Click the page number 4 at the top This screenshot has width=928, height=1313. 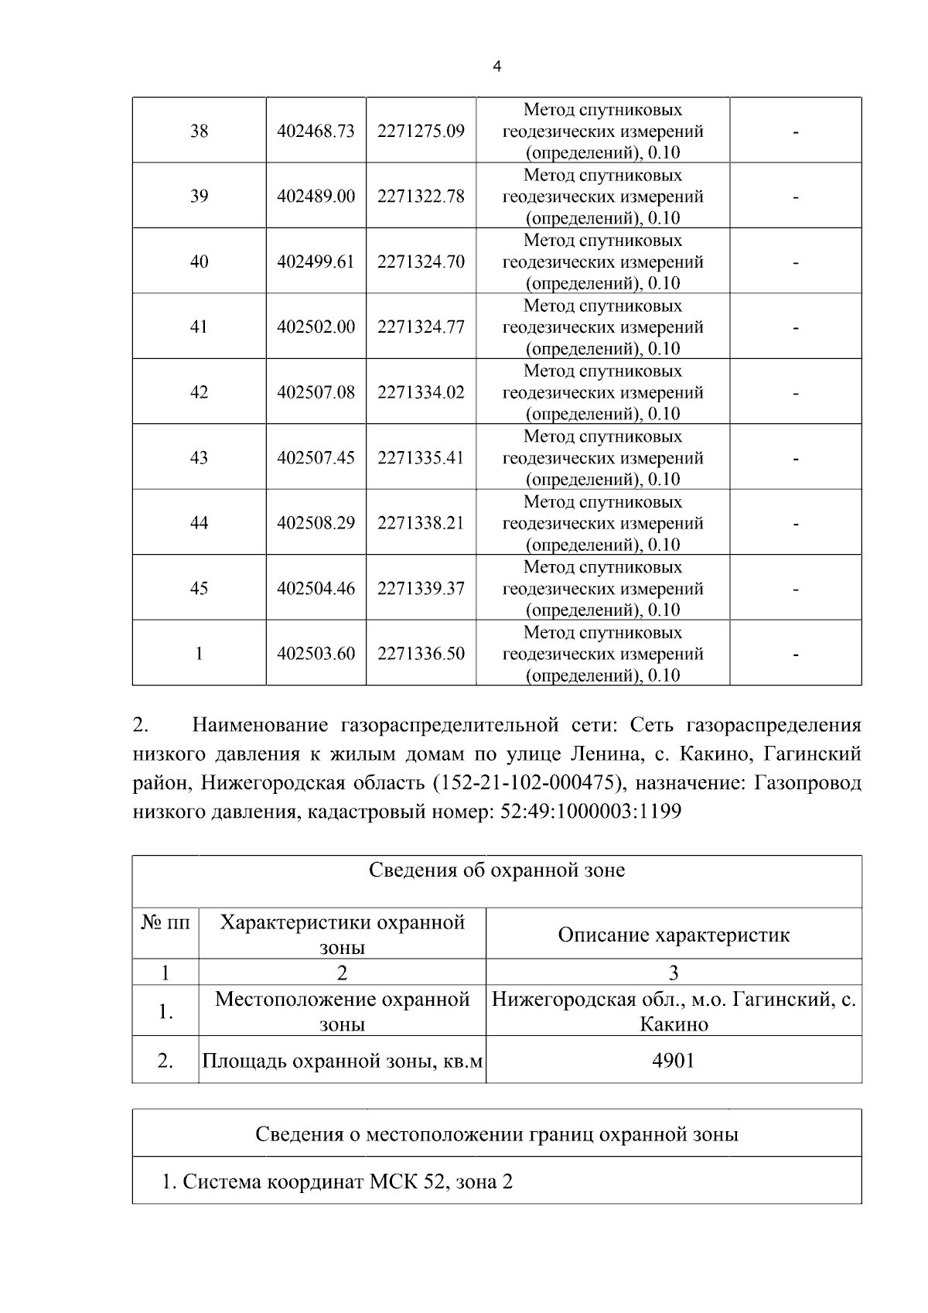click(x=496, y=67)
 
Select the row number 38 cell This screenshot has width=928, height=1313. click(x=199, y=131)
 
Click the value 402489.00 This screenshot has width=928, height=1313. click(x=316, y=197)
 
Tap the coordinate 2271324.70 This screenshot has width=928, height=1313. click(x=421, y=262)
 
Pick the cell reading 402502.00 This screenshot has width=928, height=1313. click(x=316, y=327)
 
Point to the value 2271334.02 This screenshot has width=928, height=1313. click(x=421, y=392)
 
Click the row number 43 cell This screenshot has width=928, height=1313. click(x=199, y=458)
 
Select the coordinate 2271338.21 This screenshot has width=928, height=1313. click(x=421, y=523)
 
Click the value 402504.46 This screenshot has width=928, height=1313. click(x=316, y=589)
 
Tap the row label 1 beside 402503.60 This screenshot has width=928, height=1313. click(x=199, y=654)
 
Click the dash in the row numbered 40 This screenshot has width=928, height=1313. click(x=795, y=262)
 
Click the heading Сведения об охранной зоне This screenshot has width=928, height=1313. click(x=496, y=870)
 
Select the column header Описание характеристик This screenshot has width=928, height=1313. click(x=674, y=935)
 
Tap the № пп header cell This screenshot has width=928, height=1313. click(x=165, y=923)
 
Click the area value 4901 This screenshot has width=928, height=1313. click(x=674, y=1060)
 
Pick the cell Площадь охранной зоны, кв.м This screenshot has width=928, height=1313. click(x=342, y=1061)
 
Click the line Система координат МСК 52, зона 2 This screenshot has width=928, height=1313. click(x=337, y=1182)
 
